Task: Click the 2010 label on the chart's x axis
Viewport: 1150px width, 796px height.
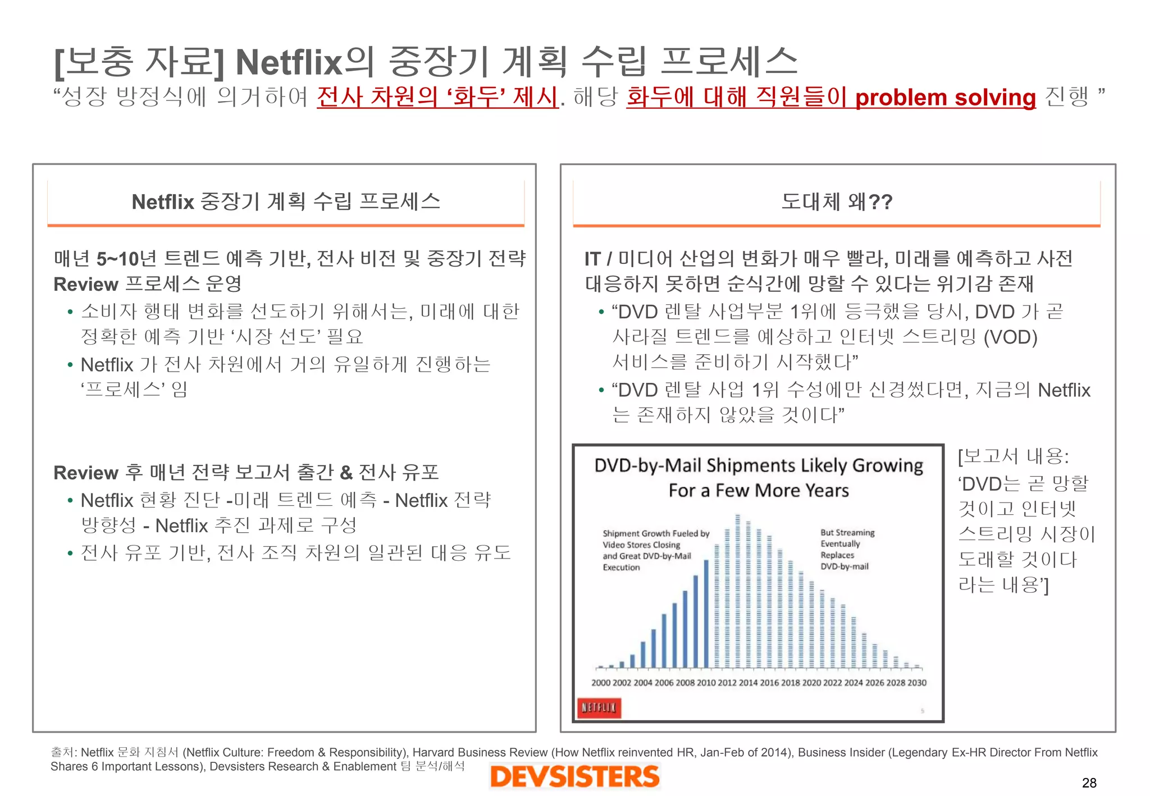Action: coord(706,683)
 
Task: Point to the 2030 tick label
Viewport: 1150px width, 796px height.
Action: coord(917,683)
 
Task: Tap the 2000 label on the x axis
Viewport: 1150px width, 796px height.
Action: coord(601,683)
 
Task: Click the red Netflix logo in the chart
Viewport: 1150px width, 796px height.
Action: coord(599,707)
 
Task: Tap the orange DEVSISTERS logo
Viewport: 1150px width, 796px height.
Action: coord(574,777)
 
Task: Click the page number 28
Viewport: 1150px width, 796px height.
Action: coord(1089,783)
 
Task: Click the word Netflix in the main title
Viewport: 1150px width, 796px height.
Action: coord(289,62)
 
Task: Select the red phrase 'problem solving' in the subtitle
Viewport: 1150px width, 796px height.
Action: coord(945,97)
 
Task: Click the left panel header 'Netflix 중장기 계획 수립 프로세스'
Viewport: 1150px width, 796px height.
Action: coord(286,202)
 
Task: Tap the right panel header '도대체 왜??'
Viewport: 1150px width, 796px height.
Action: coord(837,202)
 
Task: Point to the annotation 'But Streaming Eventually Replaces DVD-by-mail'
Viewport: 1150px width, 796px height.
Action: coord(847,549)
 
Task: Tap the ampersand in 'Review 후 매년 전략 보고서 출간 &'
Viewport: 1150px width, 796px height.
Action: coord(346,473)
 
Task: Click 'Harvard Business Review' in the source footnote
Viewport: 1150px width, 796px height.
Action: coord(481,752)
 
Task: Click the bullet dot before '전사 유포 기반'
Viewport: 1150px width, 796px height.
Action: coord(70,553)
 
